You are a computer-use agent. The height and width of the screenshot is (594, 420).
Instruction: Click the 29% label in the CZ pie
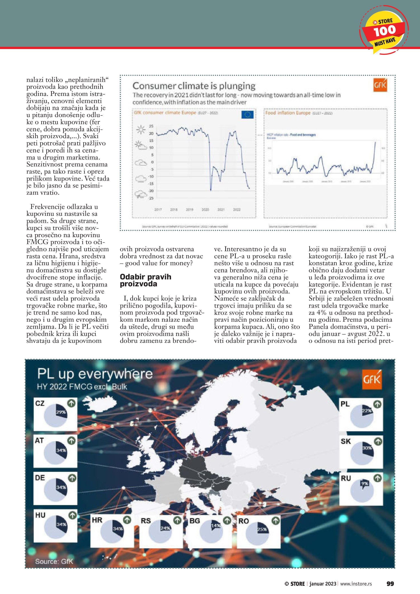click(61, 412)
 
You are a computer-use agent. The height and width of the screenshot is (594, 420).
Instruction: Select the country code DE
click(40, 478)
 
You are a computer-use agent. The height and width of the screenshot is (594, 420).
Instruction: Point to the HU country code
click(40, 515)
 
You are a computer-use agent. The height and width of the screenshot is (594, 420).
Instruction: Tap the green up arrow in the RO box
click(276, 520)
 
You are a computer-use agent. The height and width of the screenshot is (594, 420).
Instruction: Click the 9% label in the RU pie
click(365, 483)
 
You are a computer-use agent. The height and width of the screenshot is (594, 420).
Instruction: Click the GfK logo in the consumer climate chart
click(380, 85)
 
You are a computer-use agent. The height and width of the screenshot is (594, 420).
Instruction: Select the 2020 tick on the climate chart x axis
click(205, 210)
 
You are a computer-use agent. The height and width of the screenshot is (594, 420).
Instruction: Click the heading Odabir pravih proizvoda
click(145, 280)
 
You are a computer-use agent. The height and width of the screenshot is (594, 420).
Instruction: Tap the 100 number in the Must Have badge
click(385, 31)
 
